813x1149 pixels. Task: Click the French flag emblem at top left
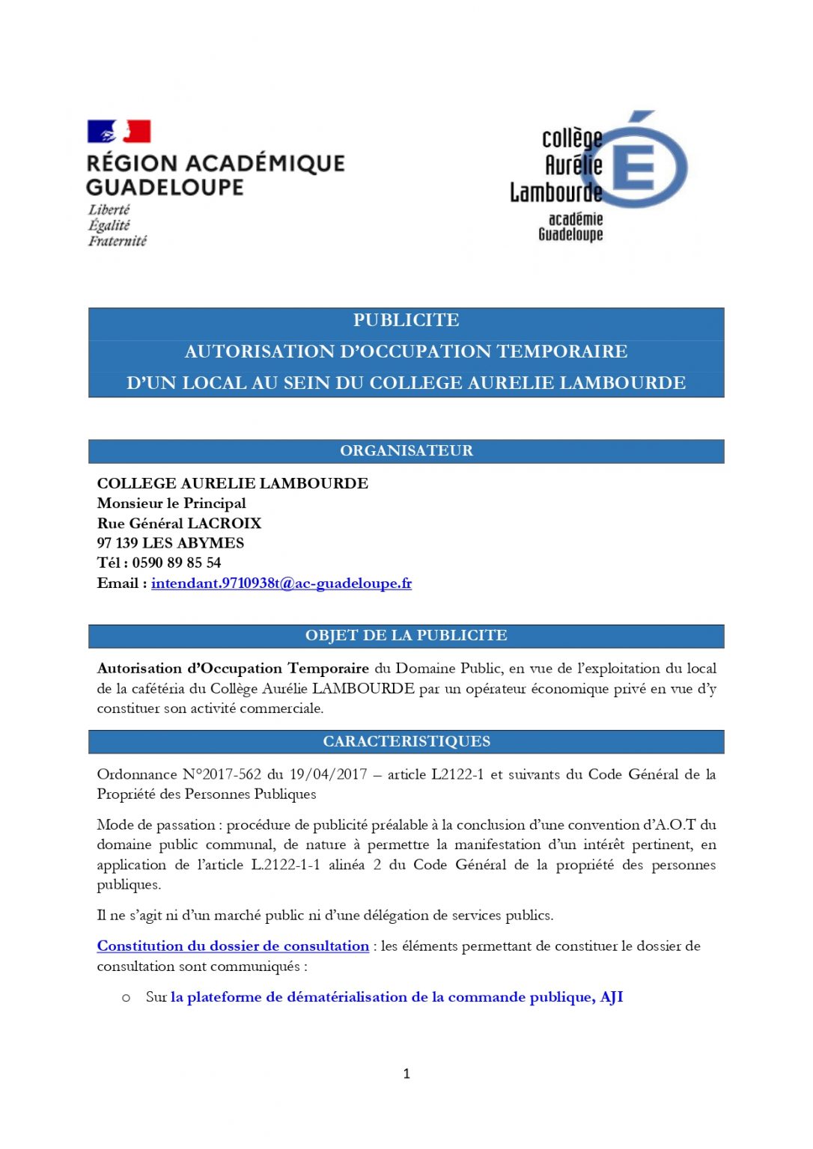[x=119, y=132]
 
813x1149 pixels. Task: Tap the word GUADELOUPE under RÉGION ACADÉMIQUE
[x=165, y=187]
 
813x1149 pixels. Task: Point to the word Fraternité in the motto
[x=118, y=241]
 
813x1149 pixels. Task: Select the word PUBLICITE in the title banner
[x=406, y=320]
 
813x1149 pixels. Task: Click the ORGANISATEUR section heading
[x=406, y=450]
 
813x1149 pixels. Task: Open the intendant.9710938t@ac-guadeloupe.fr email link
[x=281, y=583]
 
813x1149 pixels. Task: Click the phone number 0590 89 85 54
[x=177, y=563]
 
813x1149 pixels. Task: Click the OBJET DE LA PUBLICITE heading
[x=406, y=635]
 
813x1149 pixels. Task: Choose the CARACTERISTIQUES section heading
[x=406, y=741]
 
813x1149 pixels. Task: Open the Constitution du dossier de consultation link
[x=233, y=946]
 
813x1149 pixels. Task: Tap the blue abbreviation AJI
[x=612, y=997]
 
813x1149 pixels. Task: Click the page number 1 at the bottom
[x=406, y=1073]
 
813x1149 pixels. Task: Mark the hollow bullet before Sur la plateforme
[x=126, y=998]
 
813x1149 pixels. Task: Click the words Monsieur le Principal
[x=171, y=503]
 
